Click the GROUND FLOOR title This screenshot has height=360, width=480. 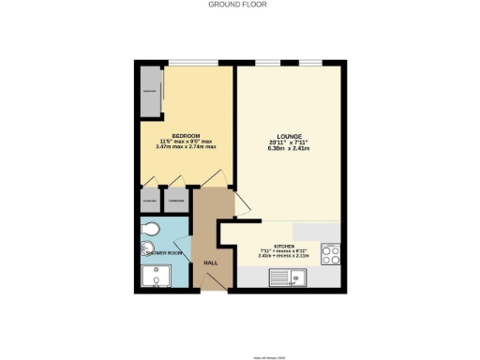pyautogui.click(x=239, y=5)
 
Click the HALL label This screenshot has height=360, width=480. pyautogui.click(x=211, y=262)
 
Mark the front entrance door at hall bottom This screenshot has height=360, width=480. pyautogui.click(x=212, y=287)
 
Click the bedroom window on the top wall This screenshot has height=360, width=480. pyautogui.click(x=186, y=64)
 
